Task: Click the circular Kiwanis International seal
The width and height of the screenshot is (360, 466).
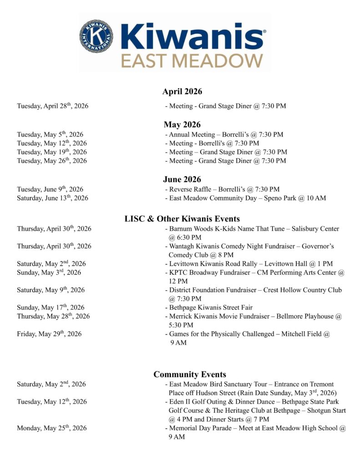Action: [96, 36]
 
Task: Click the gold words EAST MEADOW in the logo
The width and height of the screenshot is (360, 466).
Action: [193, 60]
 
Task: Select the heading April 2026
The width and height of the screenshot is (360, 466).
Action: [182, 92]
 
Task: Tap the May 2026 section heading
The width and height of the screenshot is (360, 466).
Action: [182, 125]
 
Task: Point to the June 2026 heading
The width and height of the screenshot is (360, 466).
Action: [182, 179]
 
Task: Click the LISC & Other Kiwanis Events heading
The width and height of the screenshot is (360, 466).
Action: [182, 219]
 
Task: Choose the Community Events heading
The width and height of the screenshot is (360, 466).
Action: [189, 375]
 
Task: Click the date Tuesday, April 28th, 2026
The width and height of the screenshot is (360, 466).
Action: [53, 106]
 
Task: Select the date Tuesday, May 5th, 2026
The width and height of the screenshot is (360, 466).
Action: [50, 135]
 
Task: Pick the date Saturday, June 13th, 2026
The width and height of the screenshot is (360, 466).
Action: [53, 198]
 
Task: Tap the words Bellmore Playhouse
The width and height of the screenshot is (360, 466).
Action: [309, 316]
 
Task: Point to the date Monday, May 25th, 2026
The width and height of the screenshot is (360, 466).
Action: [52, 428]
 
